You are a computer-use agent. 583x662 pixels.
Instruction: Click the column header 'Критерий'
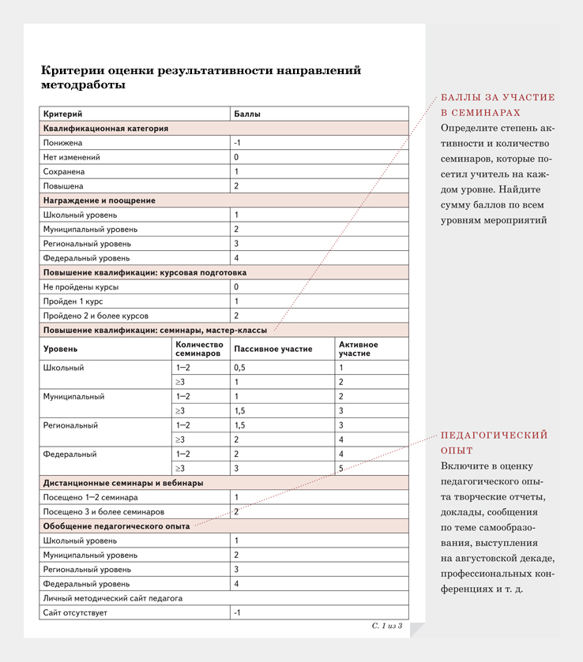click(x=63, y=114)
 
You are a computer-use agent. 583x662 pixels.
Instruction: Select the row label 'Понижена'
click(x=63, y=143)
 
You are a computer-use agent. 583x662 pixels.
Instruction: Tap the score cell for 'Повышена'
click(x=237, y=186)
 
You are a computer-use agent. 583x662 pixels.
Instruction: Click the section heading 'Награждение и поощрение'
click(x=99, y=200)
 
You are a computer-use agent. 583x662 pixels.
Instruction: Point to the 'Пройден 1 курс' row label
click(x=73, y=301)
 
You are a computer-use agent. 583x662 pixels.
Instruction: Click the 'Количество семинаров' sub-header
click(x=197, y=350)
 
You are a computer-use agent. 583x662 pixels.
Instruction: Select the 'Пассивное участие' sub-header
click(x=273, y=349)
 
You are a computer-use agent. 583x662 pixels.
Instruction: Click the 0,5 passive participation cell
click(x=240, y=368)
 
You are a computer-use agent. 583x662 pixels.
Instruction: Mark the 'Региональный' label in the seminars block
click(x=71, y=425)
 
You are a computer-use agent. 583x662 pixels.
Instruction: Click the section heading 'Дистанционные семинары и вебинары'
click(x=122, y=483)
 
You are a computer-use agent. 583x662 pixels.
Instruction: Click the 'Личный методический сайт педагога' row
click(x=113, y=598)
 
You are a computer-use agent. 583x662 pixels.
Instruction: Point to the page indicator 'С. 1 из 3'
click(x=387, y=626)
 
